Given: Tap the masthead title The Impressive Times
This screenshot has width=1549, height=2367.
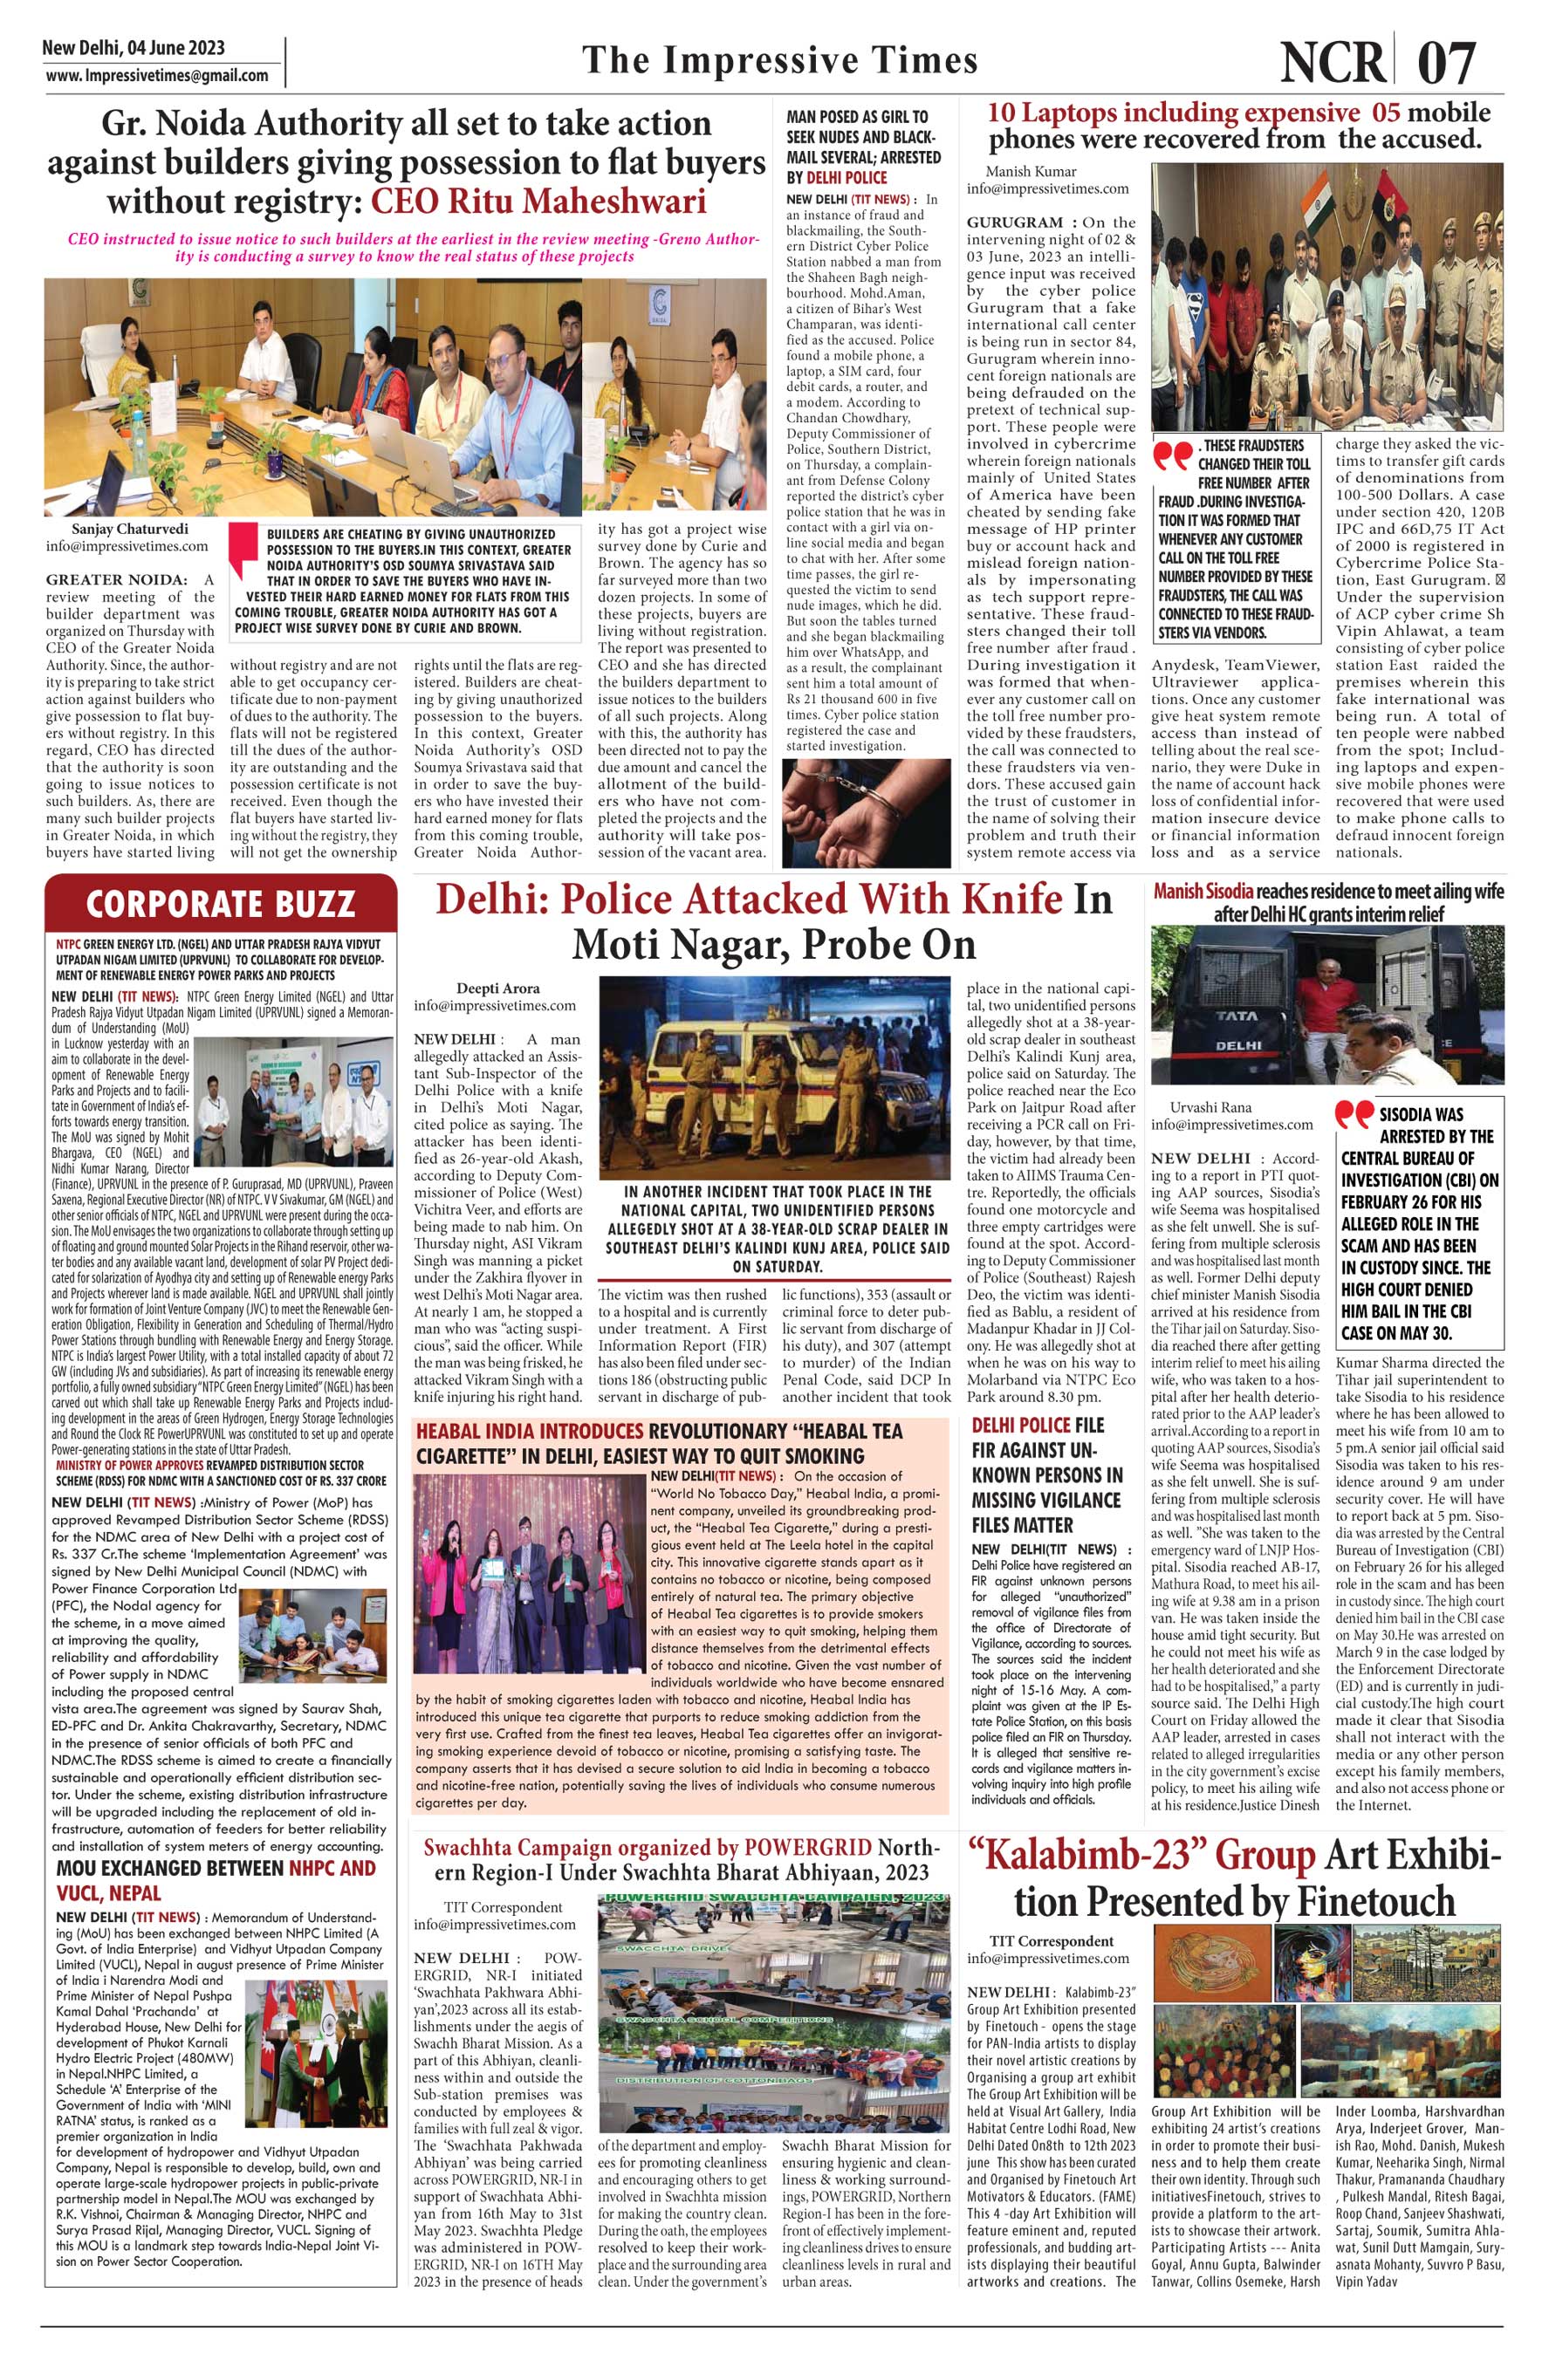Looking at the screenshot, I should coord(780,61).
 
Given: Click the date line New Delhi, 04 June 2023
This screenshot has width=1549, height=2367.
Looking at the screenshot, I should coord(134,48).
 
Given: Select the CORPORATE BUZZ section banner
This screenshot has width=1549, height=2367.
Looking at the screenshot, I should coord(220,903).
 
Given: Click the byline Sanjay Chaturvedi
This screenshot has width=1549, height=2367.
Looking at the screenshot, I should coord(129,529).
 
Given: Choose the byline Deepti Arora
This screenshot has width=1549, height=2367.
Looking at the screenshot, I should coord(497,989).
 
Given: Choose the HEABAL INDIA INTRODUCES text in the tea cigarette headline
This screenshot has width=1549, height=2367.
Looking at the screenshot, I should coord(529,1431).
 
